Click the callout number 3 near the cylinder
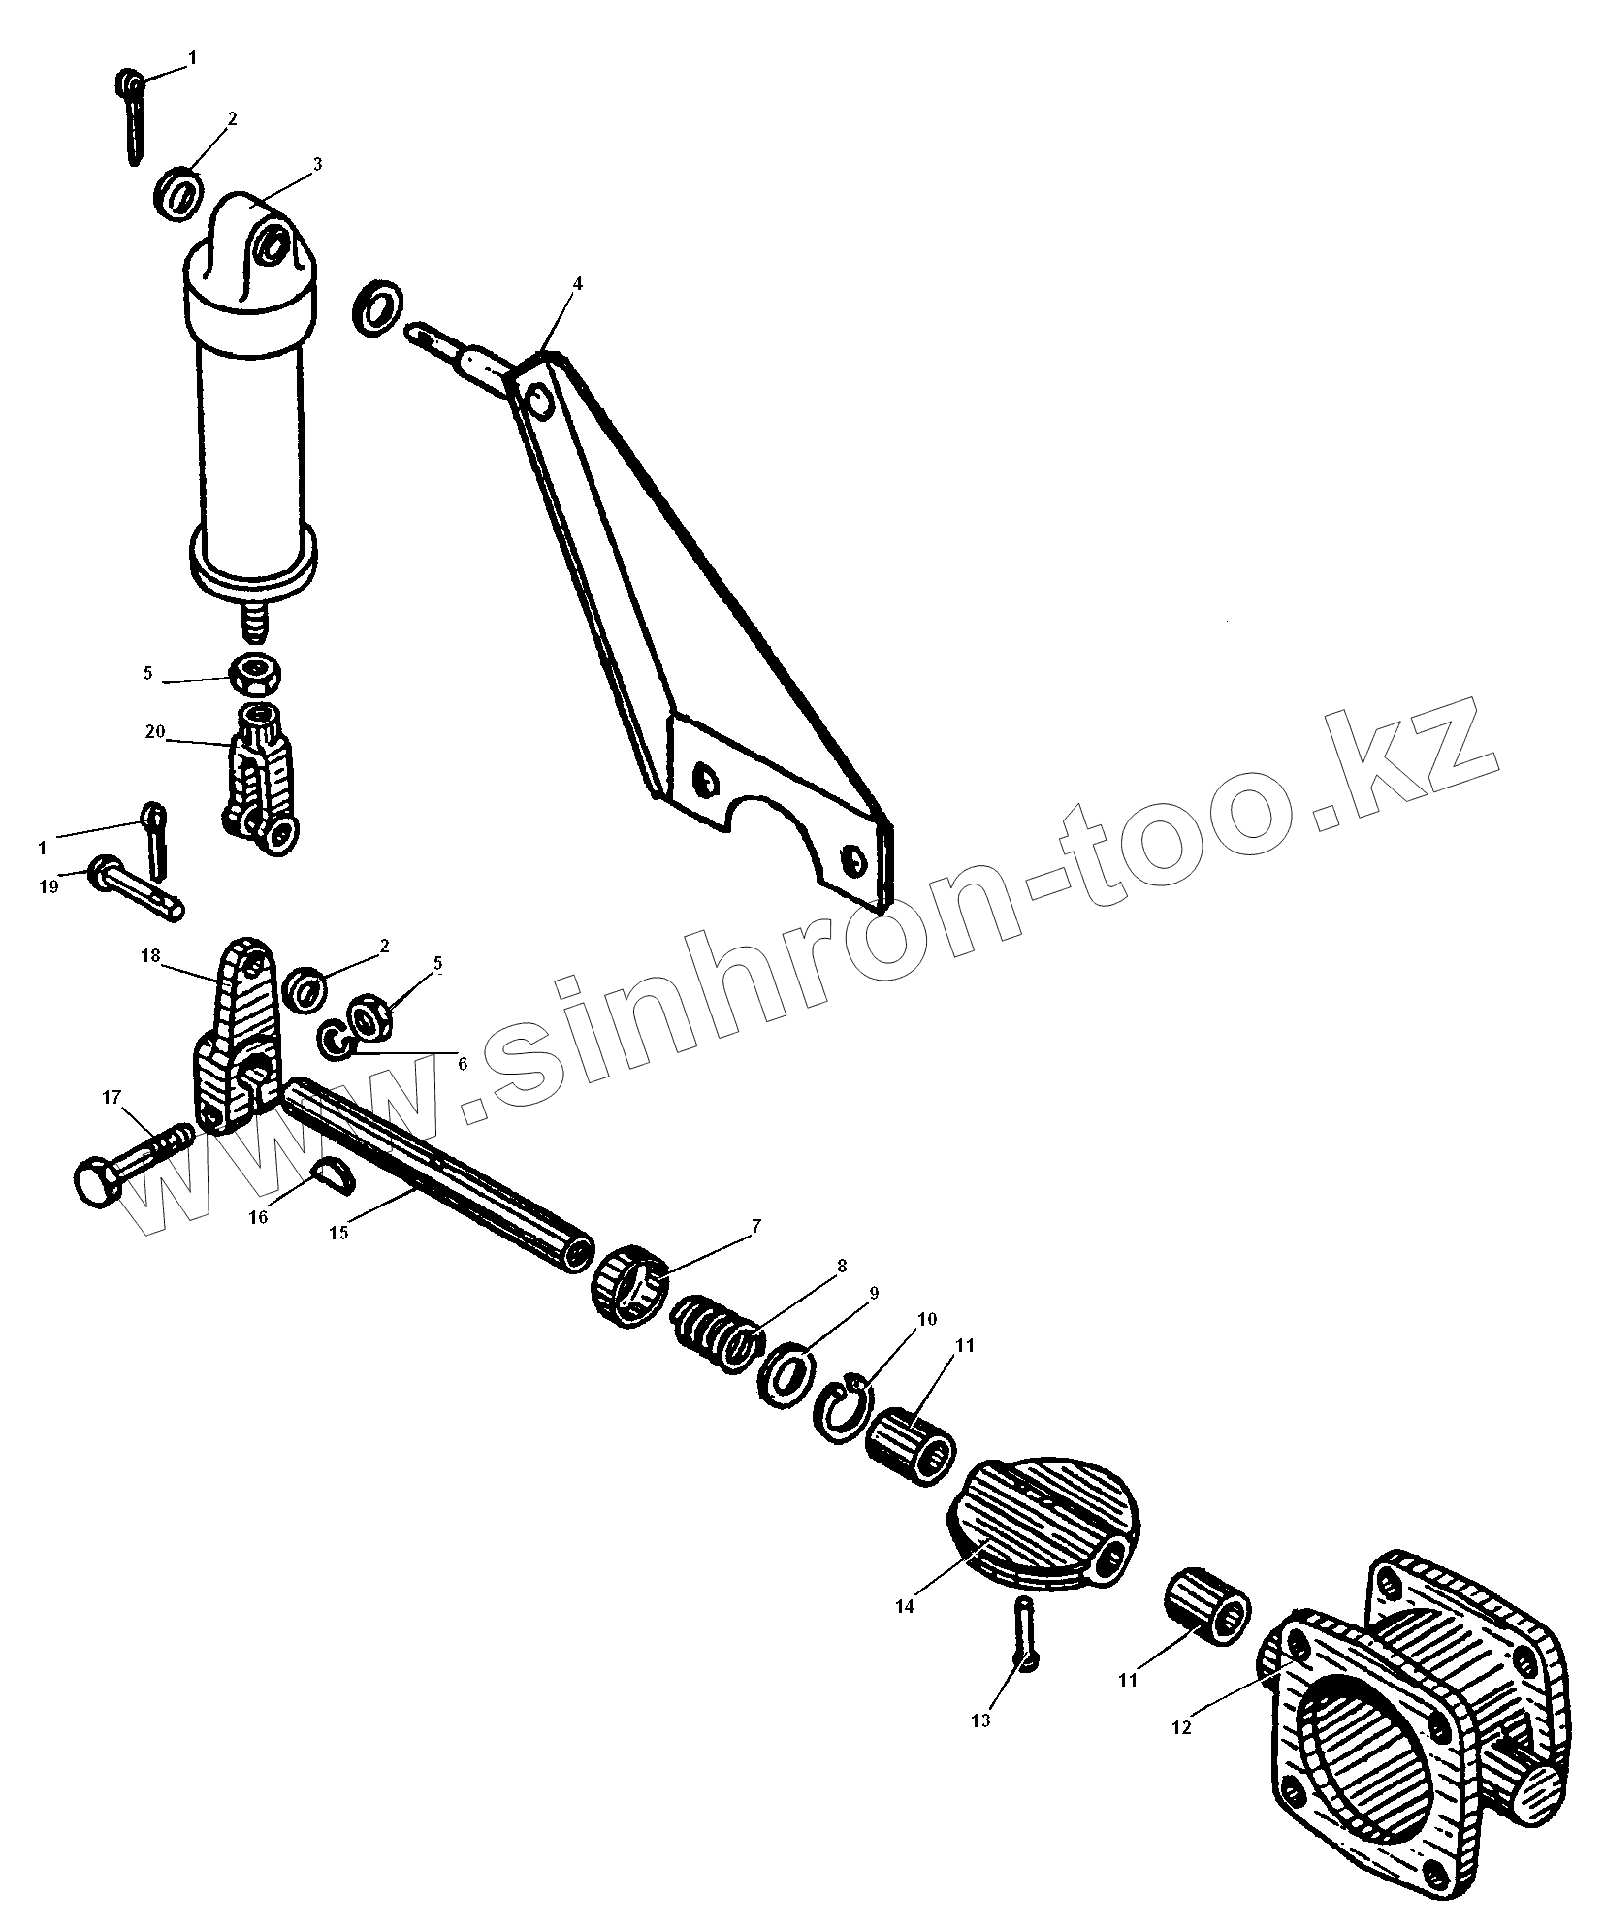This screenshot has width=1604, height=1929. (x=317, y=163)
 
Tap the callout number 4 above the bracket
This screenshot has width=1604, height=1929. (x=577, y=283)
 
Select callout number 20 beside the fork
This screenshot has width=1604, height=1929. (x=155, y=731)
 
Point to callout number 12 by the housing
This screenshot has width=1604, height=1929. (x=1181, y=1727)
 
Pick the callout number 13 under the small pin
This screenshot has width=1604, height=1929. (x=980, y=1720)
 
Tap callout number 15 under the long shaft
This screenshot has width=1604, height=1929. (x=337, y=1232)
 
